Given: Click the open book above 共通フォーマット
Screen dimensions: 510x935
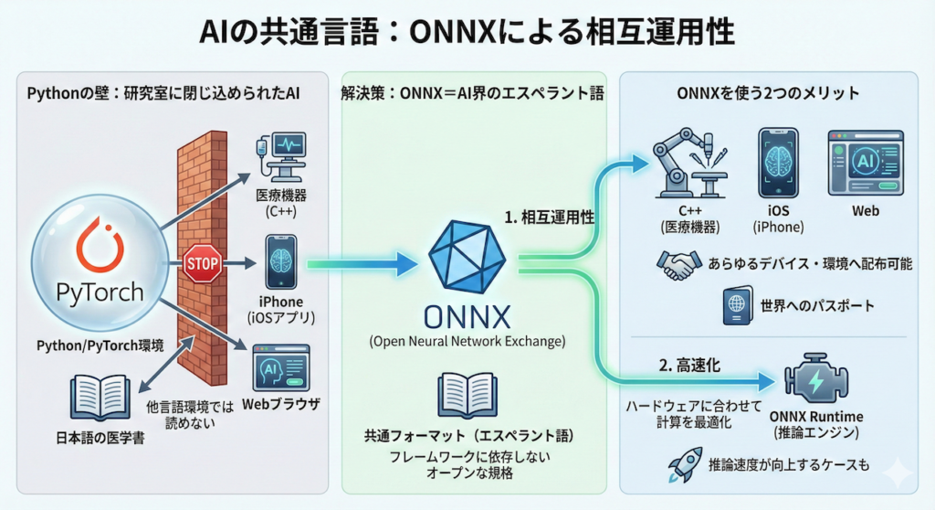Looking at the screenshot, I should click(x=467, y=395).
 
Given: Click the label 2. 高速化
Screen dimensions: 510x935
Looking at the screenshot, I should click(x=689, y=365).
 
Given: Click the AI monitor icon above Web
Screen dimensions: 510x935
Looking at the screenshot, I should click(x=865, y=163).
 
